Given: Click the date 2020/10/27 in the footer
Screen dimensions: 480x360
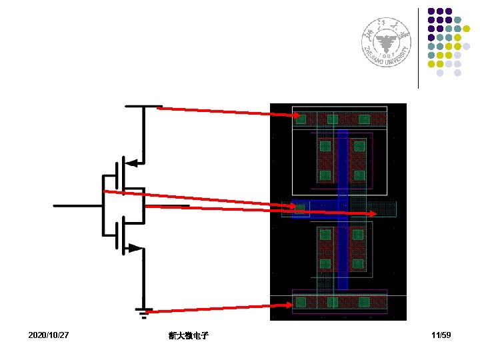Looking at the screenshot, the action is tap(49, 334).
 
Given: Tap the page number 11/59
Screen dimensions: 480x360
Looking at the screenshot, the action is tap(441, 334).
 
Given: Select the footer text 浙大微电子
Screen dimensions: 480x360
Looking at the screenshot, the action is tap(189, 335).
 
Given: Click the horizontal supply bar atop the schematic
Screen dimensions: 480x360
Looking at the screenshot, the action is tap(143, 105).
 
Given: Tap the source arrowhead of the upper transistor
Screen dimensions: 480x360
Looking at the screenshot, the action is tap(133, 162).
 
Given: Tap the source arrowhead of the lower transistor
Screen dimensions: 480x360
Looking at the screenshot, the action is tap(135, 248).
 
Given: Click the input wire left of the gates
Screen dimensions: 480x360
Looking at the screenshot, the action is tap(77, 206).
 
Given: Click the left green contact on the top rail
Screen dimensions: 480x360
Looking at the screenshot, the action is tap(301, 119).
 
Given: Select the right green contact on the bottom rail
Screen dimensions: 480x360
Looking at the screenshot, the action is tap(364, 303).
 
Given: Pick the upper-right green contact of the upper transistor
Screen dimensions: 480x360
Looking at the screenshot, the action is tap(359, 145).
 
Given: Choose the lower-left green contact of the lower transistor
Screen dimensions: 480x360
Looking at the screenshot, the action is tap(325, 263).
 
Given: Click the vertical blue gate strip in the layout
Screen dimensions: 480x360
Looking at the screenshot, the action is tap(343, 173).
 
